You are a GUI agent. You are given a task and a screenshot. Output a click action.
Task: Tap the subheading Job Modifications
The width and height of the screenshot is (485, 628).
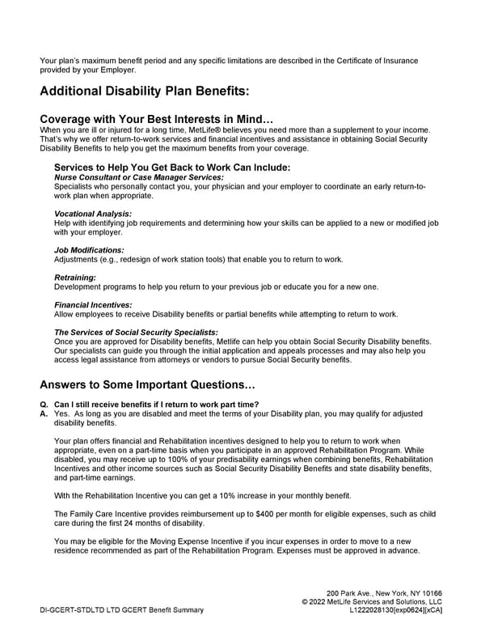[89, 250]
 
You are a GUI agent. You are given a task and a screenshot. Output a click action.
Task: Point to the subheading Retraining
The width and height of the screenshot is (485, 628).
[75, 278]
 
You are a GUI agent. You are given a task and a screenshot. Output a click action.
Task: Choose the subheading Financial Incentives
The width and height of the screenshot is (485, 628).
[93, 304]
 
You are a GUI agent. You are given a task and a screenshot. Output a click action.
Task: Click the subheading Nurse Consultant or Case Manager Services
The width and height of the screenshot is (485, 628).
[138, 177]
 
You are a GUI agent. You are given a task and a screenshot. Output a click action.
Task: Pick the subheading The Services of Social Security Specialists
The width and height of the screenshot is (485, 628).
[136, 332]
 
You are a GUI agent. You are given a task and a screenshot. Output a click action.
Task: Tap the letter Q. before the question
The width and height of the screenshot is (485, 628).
[44, 404]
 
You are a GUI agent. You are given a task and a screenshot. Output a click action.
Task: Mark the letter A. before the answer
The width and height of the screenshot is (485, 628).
[44, 413]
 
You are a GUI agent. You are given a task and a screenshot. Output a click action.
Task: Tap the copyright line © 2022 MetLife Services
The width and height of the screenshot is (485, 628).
[371, 602]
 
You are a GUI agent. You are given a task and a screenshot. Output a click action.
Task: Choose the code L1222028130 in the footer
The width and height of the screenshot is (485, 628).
[377, 611]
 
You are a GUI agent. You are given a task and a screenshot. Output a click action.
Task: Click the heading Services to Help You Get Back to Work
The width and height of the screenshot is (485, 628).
[171, 168]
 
